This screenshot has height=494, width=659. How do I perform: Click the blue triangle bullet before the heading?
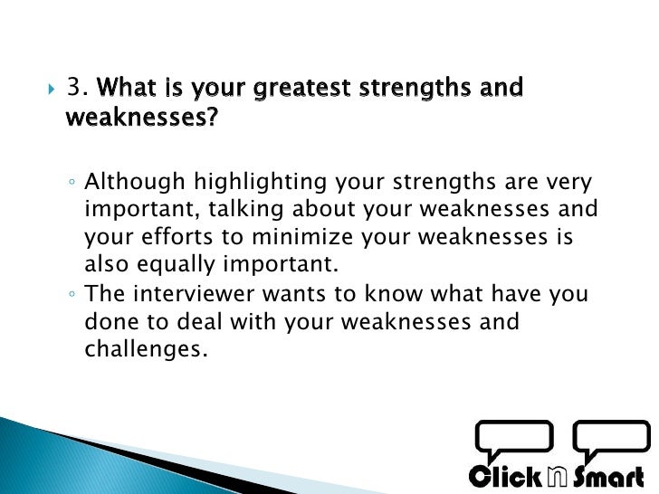52,89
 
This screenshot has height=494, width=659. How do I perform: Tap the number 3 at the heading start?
73,87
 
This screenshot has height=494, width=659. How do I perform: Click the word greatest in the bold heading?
301,89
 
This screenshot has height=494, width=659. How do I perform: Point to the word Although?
135,183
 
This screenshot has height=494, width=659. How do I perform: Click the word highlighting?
260,183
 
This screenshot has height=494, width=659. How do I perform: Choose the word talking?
246,210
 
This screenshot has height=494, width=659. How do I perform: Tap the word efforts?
177,236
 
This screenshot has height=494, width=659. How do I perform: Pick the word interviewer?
194,293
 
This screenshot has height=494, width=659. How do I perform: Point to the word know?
394,293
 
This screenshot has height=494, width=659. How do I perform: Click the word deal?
199,321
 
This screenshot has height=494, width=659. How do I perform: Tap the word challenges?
147,349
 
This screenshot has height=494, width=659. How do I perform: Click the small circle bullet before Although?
72,183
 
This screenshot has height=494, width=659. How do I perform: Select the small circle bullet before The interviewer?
72,294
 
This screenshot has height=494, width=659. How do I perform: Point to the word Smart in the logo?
608,477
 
